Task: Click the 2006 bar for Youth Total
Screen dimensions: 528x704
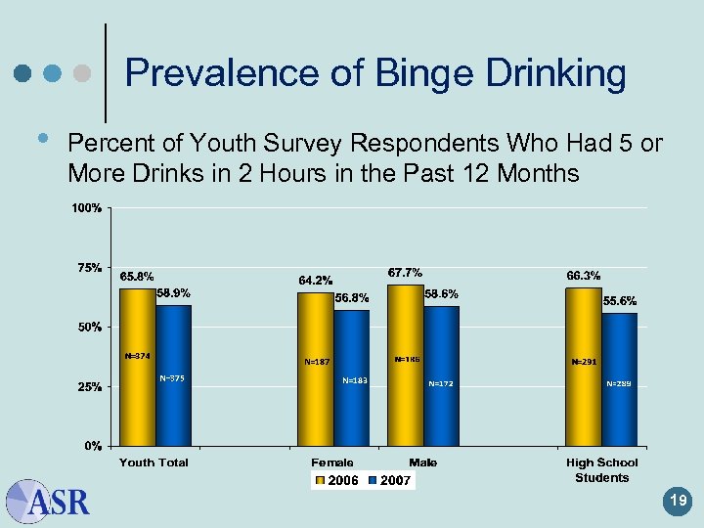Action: point(137,367)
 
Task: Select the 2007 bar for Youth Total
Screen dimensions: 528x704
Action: point(173,375)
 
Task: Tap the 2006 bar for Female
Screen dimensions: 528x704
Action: point(315,369)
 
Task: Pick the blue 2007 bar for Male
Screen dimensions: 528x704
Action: point(441,376)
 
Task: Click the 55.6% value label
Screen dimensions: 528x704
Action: point(619,300)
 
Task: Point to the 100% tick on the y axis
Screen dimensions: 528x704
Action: point(89,208)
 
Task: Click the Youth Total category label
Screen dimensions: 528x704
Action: point(154,462)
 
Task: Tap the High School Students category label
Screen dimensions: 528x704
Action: point(601,469)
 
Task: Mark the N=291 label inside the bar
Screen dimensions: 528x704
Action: point(584,362)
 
